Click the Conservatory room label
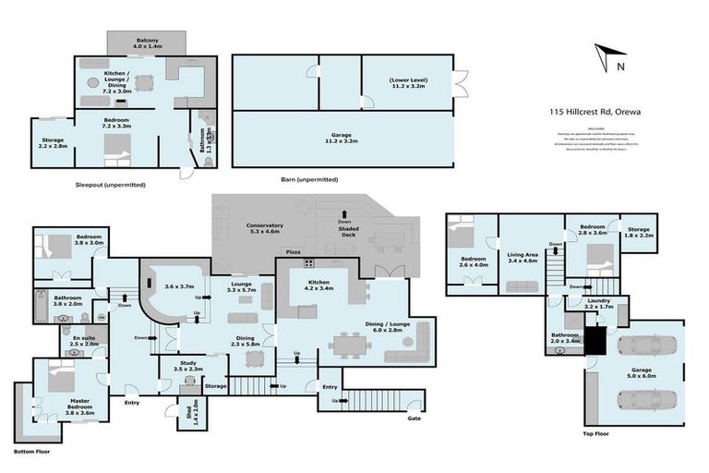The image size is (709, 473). coord(264,229)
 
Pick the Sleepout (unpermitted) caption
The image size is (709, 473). coord(111,185)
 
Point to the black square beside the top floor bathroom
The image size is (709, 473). coord(598,342)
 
